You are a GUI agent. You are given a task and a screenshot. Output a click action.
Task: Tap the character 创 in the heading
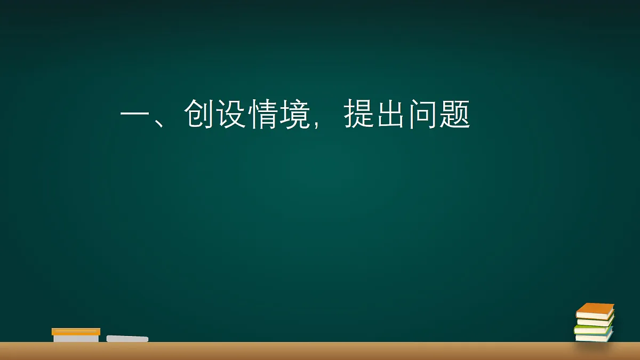(x=199, y=114)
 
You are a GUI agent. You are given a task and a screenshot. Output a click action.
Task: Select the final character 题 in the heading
(x=455, y=114)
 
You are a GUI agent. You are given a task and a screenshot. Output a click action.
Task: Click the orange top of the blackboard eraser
(x=76, y=331)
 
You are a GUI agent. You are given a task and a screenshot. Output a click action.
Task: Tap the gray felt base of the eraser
(x=76, y=338)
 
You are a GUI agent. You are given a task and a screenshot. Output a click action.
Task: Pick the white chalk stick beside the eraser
(x=127, y=339)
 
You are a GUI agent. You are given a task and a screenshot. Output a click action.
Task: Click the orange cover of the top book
(x=596, y=308)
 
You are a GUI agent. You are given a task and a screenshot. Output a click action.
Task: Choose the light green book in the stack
(x=593, y=330)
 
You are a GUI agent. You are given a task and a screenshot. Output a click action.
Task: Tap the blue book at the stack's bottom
(x=594, y=338)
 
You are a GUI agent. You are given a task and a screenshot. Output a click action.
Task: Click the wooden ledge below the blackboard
(x=320, y=351)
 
